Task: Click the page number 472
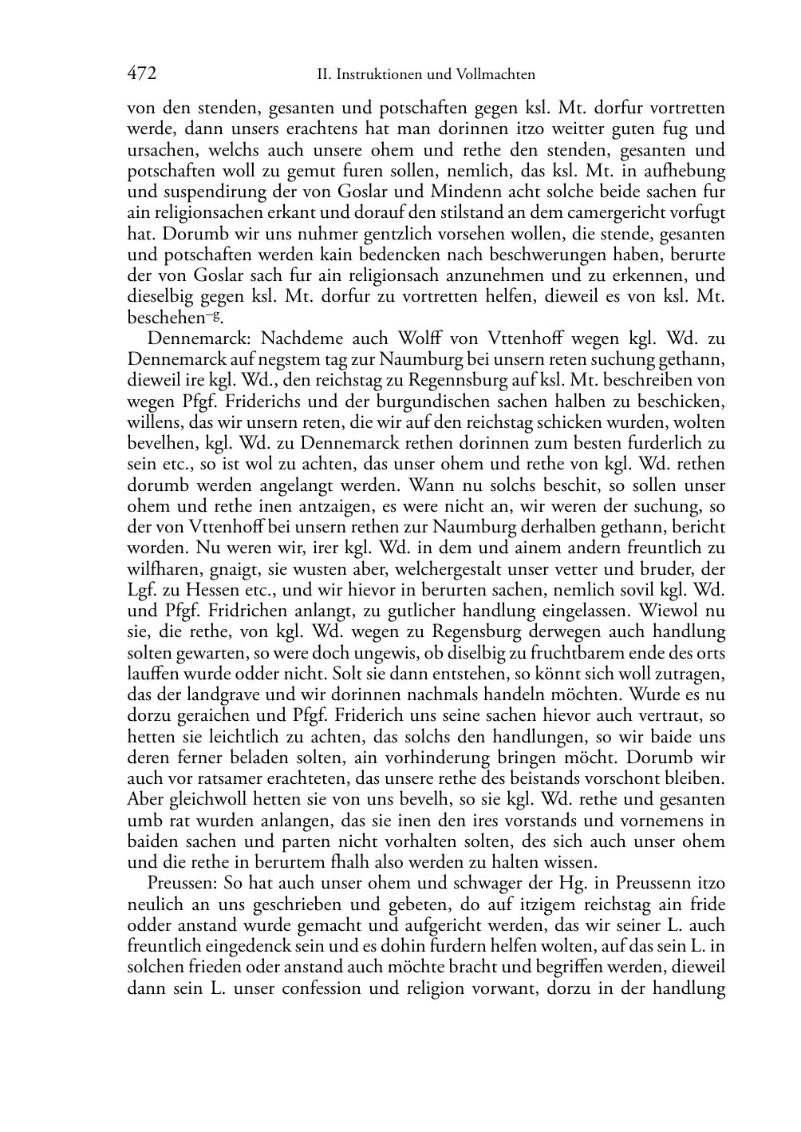pos(141,74)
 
